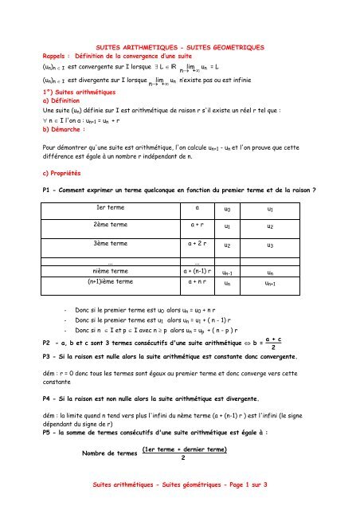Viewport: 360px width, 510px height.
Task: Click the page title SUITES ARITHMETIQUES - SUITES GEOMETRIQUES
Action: pos(180,48)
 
